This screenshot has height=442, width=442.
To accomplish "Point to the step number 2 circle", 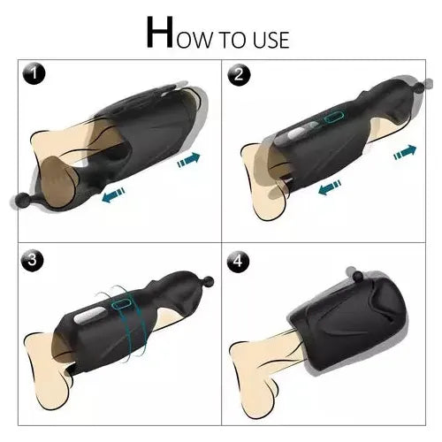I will click(238, 76).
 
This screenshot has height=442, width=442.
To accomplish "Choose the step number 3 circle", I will click(34, 261).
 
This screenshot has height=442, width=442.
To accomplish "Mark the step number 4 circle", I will click(238, 263).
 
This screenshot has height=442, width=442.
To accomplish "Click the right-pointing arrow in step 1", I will click(188, 160).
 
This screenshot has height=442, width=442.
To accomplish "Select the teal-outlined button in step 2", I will click(334, 118).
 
